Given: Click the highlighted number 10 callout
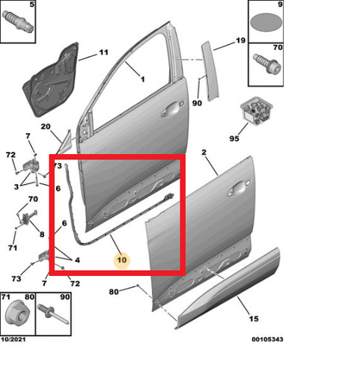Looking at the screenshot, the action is [x=122, y=260].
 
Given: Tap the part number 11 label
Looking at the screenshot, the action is [x=103, y=52].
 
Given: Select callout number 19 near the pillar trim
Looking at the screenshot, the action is [x=240, y=40].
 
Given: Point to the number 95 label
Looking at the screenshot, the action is [x=234, y=138].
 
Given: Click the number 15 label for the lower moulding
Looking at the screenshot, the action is [x=254, y=319].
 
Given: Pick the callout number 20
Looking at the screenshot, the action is [x=46, y=126].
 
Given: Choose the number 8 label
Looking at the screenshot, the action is [x=42, y=234].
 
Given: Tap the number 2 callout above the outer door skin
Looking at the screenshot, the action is [x=204, y=152].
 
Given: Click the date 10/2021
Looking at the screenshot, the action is [x=13, y=340].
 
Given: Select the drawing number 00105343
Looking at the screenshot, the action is [x=267, y=340].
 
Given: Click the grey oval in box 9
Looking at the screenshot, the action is [x=266, y=22].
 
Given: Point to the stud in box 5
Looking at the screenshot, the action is [x=18, y=21].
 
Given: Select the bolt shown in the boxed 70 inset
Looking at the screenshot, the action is [x=267, y=64].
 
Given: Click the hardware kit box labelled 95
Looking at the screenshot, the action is [x=256, y=111].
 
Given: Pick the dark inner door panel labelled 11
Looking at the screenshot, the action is [x=51, y=80].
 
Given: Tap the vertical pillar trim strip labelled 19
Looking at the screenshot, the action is [x=210, y=72].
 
